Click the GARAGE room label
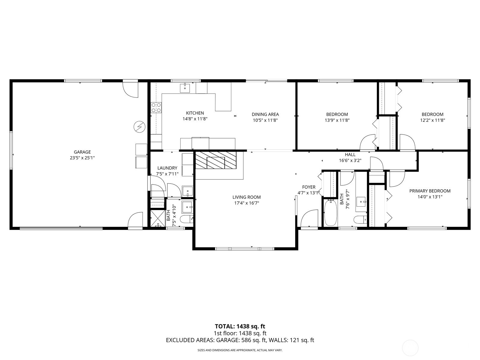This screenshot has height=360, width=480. [x=82, y=152]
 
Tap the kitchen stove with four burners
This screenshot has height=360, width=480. [x=156, y=108]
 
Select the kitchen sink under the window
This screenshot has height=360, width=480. [x=185, y=88]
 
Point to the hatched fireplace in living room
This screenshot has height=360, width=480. [x=216, y=160]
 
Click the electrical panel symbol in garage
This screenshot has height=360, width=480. [x=139, y=127]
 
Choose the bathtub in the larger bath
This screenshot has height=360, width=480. [x=330, y=213]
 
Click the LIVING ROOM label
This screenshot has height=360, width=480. [x=246, y=197]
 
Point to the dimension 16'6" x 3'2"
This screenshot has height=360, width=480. [x=350, y=160]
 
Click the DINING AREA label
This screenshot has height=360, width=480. [x=265, y=114]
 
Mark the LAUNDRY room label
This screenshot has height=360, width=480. [x=167, y=168]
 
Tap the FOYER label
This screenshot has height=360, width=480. [x=309, y=187]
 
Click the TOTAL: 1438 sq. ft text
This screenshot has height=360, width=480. [x=240, y=326]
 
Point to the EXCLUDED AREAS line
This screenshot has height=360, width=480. [x=240, y=340]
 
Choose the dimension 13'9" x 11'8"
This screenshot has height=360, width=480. [x=337, y=120]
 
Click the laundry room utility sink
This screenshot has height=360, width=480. [x=187, y=191]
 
